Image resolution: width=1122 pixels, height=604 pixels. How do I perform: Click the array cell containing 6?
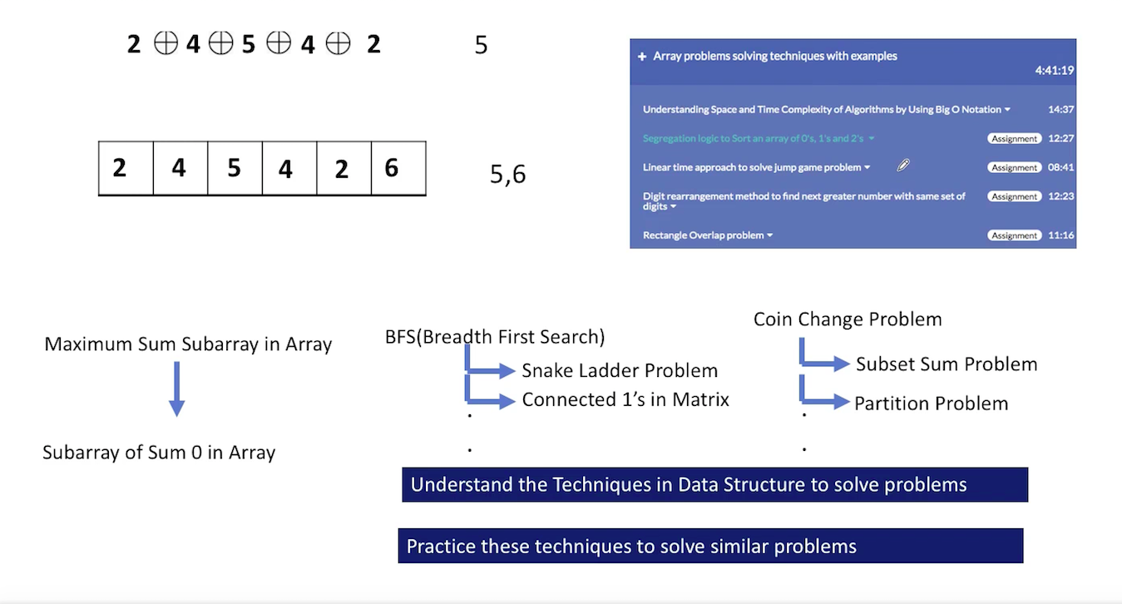(x=398, y=168)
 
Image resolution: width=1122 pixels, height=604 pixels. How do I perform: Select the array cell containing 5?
(x=235, y=168)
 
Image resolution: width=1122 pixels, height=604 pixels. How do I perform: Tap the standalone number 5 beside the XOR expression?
(x=481, y=45)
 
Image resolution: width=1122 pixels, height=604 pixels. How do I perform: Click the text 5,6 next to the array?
(x=507, y=174)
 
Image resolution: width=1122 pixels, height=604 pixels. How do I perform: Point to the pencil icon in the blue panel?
(x=903, y=165)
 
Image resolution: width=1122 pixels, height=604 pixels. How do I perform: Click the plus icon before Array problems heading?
(x=642, y=57)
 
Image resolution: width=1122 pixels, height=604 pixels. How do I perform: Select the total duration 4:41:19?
(x=1055, y=70)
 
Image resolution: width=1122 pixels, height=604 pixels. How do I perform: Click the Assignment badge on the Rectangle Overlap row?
(x=1015, y=235)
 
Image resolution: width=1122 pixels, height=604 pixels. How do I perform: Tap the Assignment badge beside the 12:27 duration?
(x=1015, y=138)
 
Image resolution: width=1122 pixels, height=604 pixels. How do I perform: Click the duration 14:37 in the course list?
(x=1061, y=109)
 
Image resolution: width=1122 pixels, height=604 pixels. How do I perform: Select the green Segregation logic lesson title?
(x=753, y=138)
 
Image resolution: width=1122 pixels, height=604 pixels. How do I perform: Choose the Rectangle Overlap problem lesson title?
(x=704, y=235)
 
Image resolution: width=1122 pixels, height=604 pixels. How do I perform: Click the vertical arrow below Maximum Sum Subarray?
(x=177, y=389)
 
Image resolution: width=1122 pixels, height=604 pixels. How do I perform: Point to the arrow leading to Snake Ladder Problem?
(x=490, y=370)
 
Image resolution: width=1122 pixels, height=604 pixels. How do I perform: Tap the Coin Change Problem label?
(x=848, y=319)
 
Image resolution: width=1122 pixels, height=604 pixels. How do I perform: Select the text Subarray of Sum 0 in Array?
(x=159, y=453)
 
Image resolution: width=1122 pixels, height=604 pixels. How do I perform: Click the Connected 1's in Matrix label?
(x=625, y=399)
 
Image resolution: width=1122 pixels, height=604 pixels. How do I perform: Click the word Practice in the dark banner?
(x=441, y=547)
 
